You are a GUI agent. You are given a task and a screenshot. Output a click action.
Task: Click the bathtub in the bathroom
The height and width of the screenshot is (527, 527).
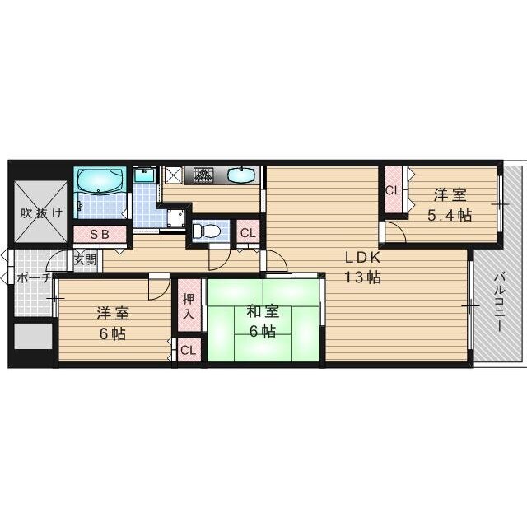100,181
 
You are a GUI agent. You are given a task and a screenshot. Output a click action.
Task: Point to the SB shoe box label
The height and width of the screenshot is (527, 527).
100,234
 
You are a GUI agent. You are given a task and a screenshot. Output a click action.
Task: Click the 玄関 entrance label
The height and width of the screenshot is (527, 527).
85,259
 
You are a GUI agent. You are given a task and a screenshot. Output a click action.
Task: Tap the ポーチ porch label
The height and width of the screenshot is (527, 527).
34,277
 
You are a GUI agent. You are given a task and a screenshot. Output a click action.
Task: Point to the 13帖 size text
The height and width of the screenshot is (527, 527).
362,277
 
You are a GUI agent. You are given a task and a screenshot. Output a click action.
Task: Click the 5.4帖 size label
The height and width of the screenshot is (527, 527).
449,216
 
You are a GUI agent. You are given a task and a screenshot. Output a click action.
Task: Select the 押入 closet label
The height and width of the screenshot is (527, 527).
187,306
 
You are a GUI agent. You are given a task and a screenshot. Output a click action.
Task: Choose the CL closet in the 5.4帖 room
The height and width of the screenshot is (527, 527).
392,191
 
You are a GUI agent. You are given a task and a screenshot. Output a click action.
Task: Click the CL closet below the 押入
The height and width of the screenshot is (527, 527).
188,350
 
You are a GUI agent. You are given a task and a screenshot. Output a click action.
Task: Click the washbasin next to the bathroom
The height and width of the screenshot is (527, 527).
144,175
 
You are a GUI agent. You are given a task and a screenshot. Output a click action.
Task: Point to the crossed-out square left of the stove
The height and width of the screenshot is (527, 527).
175,175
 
